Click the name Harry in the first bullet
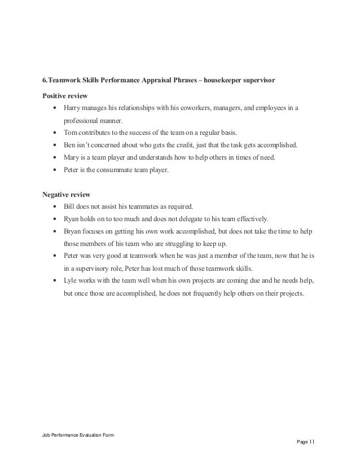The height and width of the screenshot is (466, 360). coord(72,108)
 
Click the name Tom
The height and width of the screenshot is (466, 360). coord(71,133)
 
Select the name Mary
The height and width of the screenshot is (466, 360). coord(71,157)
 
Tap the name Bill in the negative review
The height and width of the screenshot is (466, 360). coord(69,206)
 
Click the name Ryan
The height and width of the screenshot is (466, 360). coord(72,219)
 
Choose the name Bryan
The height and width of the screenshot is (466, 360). coord(73,232)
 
